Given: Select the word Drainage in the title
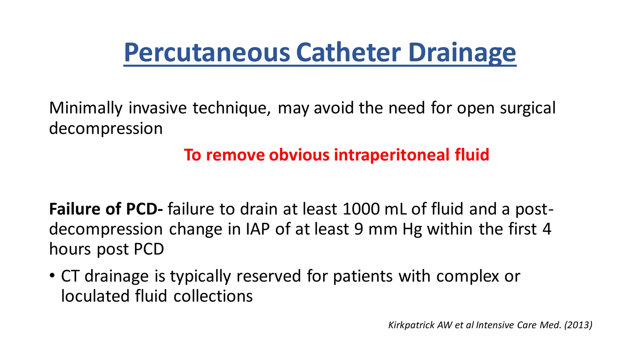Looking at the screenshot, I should tap(462, 52).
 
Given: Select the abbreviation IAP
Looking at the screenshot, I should tap(257, 229).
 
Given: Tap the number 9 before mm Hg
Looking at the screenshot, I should tap(359, 229).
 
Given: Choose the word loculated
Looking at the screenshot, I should tap(95, 296).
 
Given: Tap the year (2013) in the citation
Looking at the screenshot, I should tap(578, 325).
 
